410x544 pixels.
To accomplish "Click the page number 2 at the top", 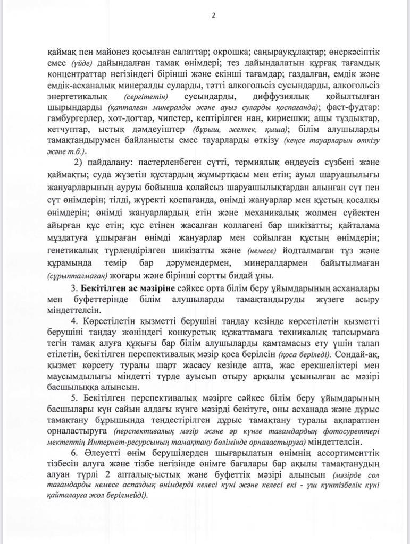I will pyautogui.click(x=214, y=15).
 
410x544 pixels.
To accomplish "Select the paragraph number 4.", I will pyautogui.click(x=73, y=322).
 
